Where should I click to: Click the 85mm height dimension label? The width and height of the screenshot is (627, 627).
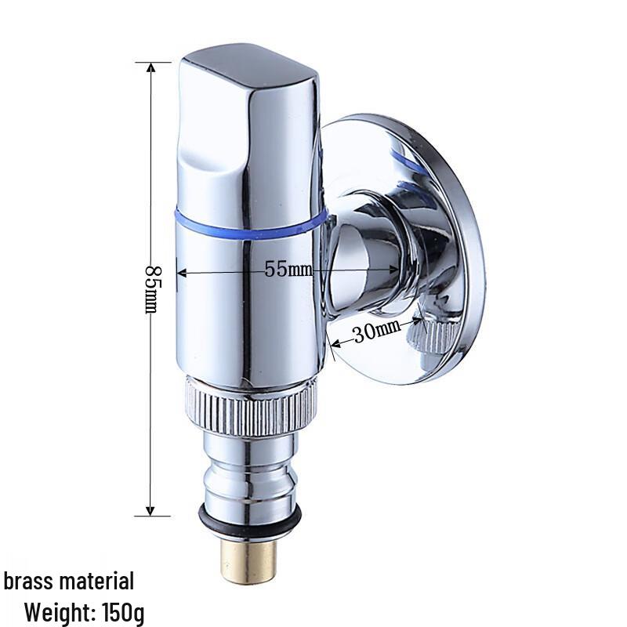tap(150, 289)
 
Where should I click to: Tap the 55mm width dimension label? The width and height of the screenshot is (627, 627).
tap(288, 270)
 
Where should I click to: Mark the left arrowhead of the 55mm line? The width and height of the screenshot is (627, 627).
tap(182, 273)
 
